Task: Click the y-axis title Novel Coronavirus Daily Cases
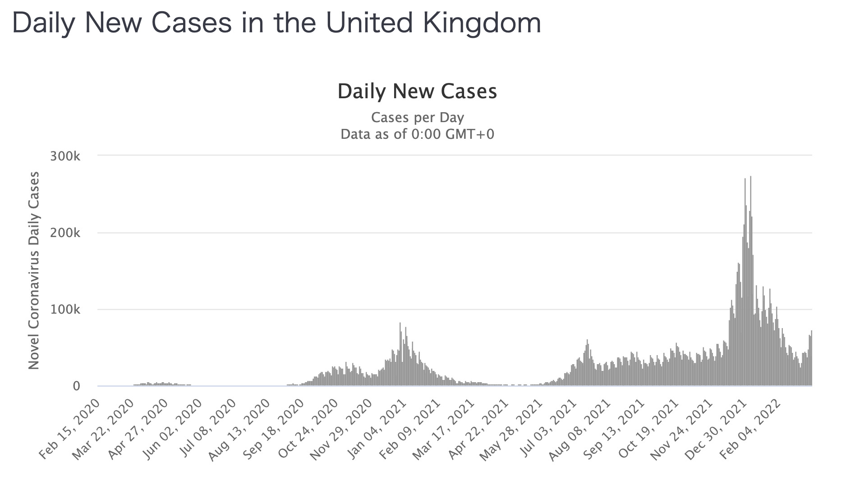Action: (34, 270)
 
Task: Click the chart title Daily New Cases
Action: (417, 91)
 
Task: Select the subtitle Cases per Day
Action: (417, 118)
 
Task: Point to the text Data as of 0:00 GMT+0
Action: (417, 134)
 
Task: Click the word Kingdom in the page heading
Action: (478, 23)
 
